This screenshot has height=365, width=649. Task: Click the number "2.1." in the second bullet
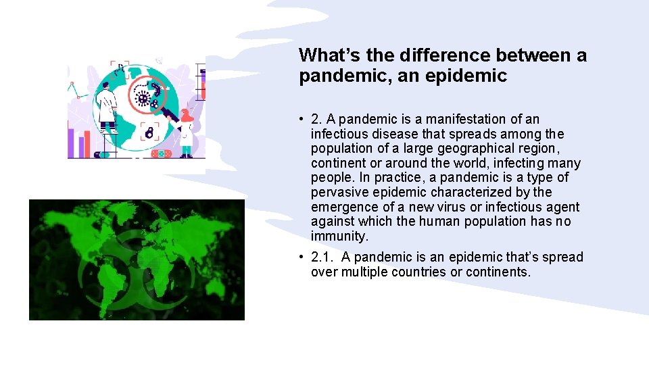tap(322, 257)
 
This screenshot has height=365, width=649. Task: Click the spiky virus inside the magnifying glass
tap(143, 99)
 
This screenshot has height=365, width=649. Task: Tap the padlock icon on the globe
tap(149, 131)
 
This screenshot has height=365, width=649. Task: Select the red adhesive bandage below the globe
tap(161, 153)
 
